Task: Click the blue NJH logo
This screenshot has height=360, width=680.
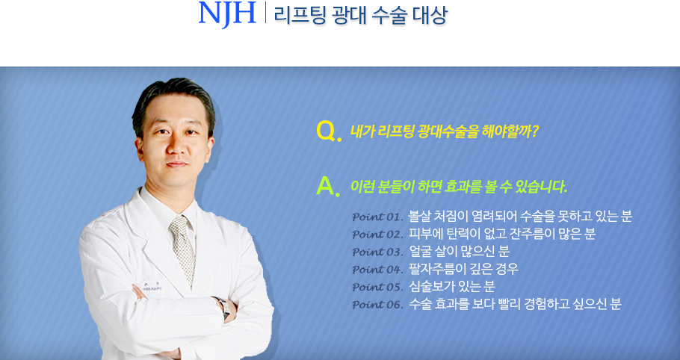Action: tap(227, 13)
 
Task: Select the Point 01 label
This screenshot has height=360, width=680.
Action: tap(377, 217)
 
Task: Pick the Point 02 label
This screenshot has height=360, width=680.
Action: tap(377, 235)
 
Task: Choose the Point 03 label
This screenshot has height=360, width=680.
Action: tap(377, 252)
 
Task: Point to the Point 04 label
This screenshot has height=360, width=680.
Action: tap(377, 270)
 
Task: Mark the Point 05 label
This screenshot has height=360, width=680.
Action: tap(377, 287)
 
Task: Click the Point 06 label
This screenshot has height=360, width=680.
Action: tap(377, 305)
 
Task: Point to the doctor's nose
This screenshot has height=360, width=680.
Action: tap(176, 146)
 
